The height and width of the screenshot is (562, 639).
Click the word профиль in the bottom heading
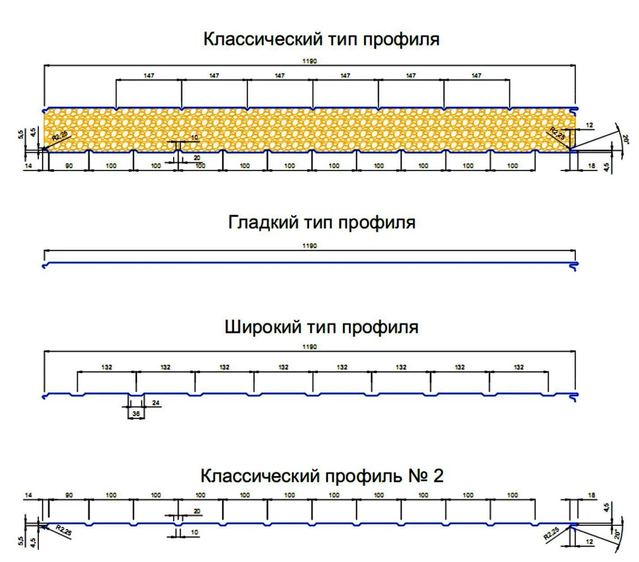[x=363, y=476]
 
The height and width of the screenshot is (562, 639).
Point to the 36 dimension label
[x=136, y=414]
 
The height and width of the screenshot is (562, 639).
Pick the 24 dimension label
[x=156, y=403]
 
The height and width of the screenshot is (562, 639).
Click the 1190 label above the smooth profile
[x=309, y=246]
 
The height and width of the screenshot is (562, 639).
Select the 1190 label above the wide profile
[x=309, y=347]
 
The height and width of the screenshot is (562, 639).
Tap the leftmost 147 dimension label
[x=149, y=75]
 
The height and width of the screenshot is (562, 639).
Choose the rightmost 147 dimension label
[x=477, y=75]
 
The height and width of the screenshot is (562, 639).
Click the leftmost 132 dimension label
[x=107, y=367]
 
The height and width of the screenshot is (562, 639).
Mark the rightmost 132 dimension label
[x=519, y=367]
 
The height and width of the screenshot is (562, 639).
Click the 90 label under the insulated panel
[x=69, y=166]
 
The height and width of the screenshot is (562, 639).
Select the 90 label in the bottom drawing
[x=69, y=495]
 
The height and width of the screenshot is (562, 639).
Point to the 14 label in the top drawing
[x=29, y=166]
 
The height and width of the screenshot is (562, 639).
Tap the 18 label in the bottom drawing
[x=592, y=495]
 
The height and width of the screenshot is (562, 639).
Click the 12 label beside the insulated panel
[x=590, y=126]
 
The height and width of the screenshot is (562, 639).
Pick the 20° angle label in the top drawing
[x=626, y=140]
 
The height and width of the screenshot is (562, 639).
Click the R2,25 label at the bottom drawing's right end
[x=552, y=534]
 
